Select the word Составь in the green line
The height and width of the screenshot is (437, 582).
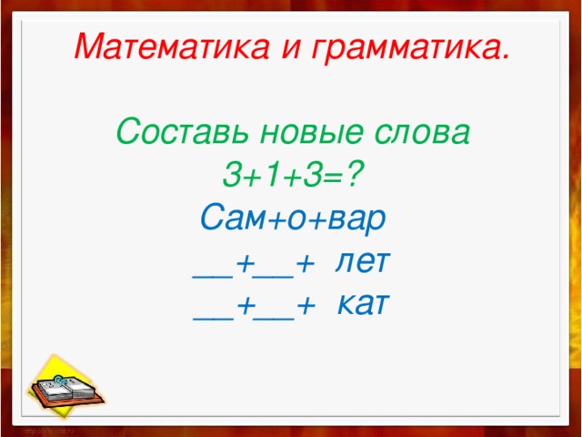(x=182, y=133)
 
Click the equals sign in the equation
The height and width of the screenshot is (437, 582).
(x=337, y=175)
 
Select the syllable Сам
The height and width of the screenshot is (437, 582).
(x=231, y=218)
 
